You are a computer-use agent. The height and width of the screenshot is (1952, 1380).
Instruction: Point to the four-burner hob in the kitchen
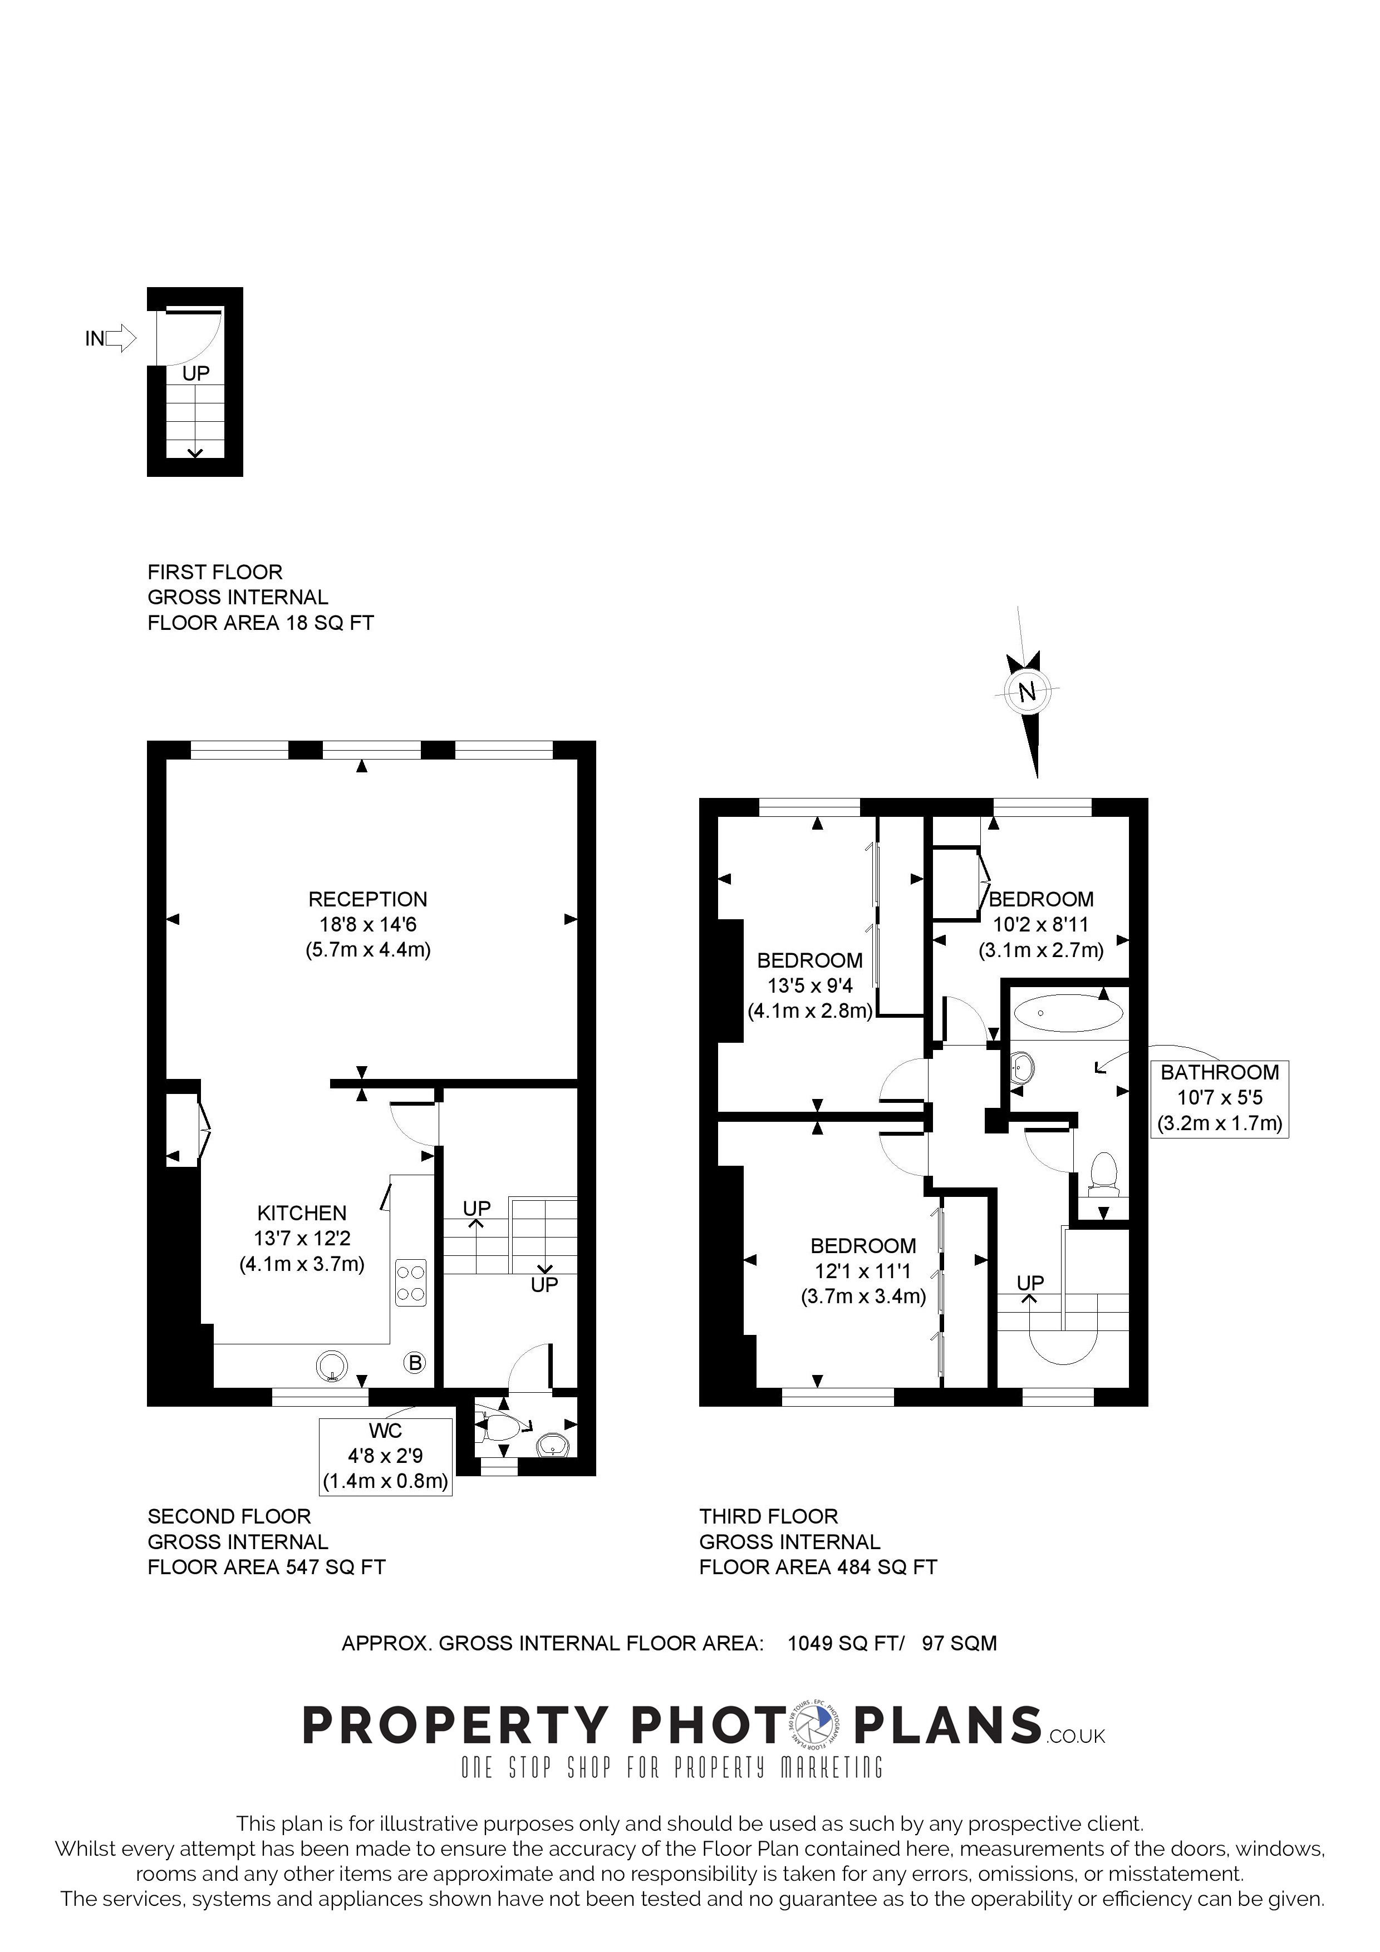(x=411, y=1284)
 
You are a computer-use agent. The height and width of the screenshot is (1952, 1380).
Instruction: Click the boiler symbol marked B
(x=415, y=1363)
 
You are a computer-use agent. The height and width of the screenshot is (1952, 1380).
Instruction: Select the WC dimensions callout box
(x=385, y=1456)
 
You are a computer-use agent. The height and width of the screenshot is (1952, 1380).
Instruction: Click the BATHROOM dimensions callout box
(x=1219, y=1098)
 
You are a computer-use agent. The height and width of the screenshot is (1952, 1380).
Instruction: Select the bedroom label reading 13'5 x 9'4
(x=809, y=986)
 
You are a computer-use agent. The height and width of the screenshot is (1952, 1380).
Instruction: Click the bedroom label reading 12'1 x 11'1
(x=863, y=1271)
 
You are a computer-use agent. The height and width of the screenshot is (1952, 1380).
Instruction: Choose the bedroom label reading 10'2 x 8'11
(x=1041, y=924)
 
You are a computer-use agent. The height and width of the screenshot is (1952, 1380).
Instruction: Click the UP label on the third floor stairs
(x=1030, y=1282)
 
